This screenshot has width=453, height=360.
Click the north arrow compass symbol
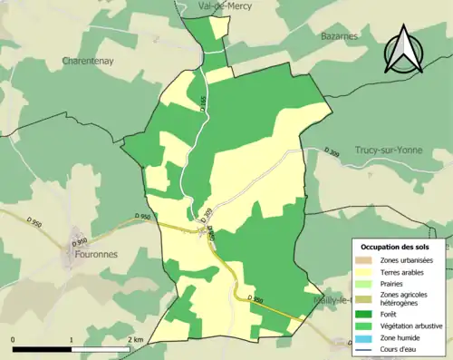click(x=403, y=50)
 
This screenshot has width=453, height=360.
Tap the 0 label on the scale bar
click(x=13, y=339)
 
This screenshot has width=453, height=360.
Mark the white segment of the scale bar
click(x=101, y=349)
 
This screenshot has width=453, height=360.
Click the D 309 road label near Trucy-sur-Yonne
click(x=334, y=150)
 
